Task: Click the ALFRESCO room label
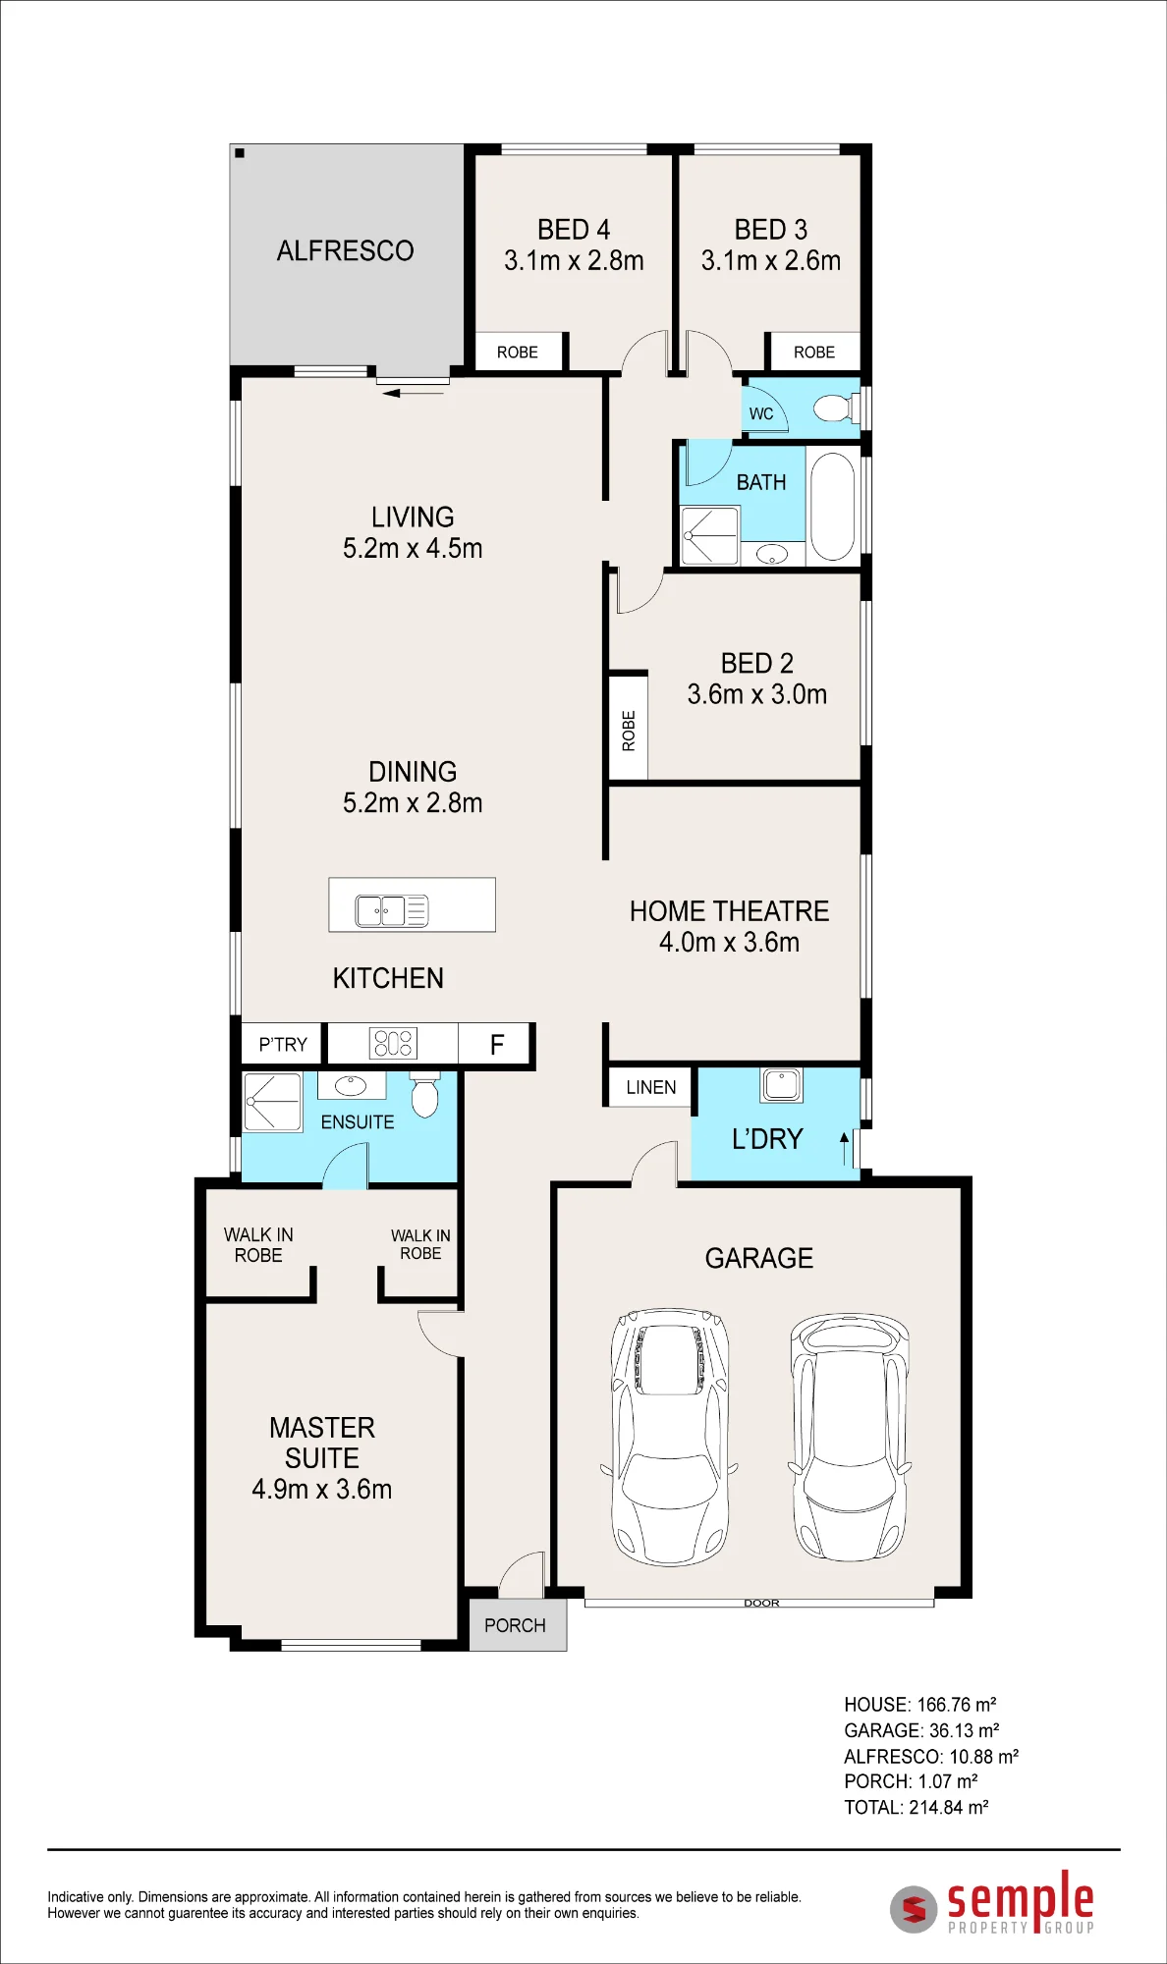(x=345, y=251)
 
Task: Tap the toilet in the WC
(x=836, y=408)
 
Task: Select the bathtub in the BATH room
(x=833, y=507)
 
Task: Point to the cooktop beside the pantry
(x=393, y=1043)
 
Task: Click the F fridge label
(x=497, y=1044)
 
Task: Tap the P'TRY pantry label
(x=283, y=1044)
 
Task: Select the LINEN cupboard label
(x=651, y=1087)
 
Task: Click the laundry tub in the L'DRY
(x=781, y=1084)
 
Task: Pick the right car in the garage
(x=850, y=1436)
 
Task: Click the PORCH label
(x=515, y=1625)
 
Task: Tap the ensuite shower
(x=272, y=1103)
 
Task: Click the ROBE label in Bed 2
(x=629, y=731)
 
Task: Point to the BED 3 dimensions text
(x=771, y=260)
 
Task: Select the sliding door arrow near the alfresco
(x=414, y=394)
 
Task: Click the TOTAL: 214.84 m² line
(x=917, y=1807)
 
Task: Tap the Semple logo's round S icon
(x=914, y=1909)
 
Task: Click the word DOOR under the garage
(x=761, y=1603)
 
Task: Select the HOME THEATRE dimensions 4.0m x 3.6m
(x=729, y=942)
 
